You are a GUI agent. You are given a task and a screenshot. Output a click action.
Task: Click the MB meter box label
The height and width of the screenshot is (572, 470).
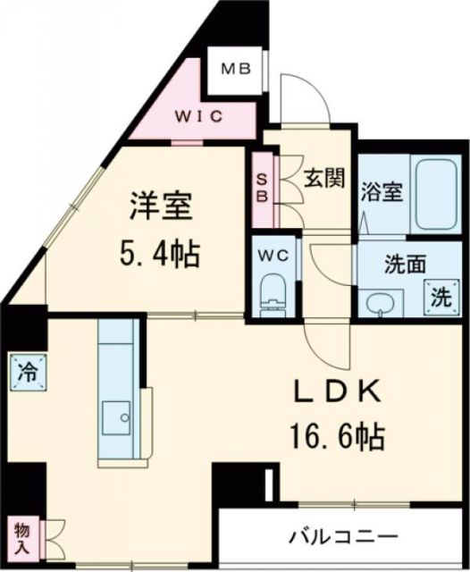pos(237,68)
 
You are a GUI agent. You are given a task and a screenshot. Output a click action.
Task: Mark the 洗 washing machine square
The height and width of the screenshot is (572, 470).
pos(441,298)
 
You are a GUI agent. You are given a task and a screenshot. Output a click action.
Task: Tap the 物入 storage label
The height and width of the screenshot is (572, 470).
pos(22,535)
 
